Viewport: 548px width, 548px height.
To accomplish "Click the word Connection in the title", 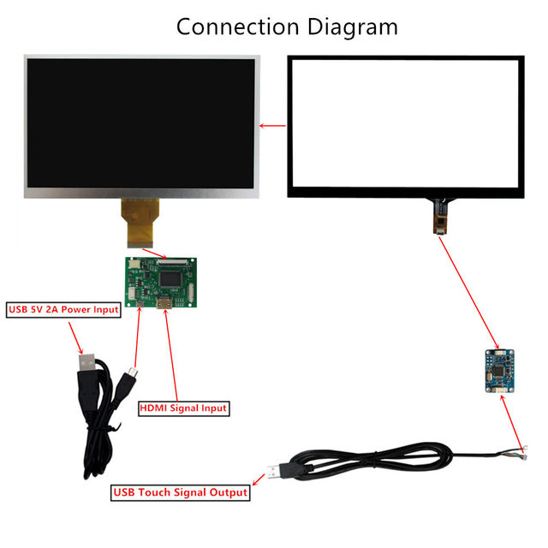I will click(230, 27).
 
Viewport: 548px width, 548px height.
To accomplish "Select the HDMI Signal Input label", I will click(183, 408).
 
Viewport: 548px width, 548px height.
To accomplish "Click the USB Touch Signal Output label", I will click(181, 492).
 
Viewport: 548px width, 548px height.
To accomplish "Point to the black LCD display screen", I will click(142, 127).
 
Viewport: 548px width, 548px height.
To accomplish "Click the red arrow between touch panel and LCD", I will click(272, 127).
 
